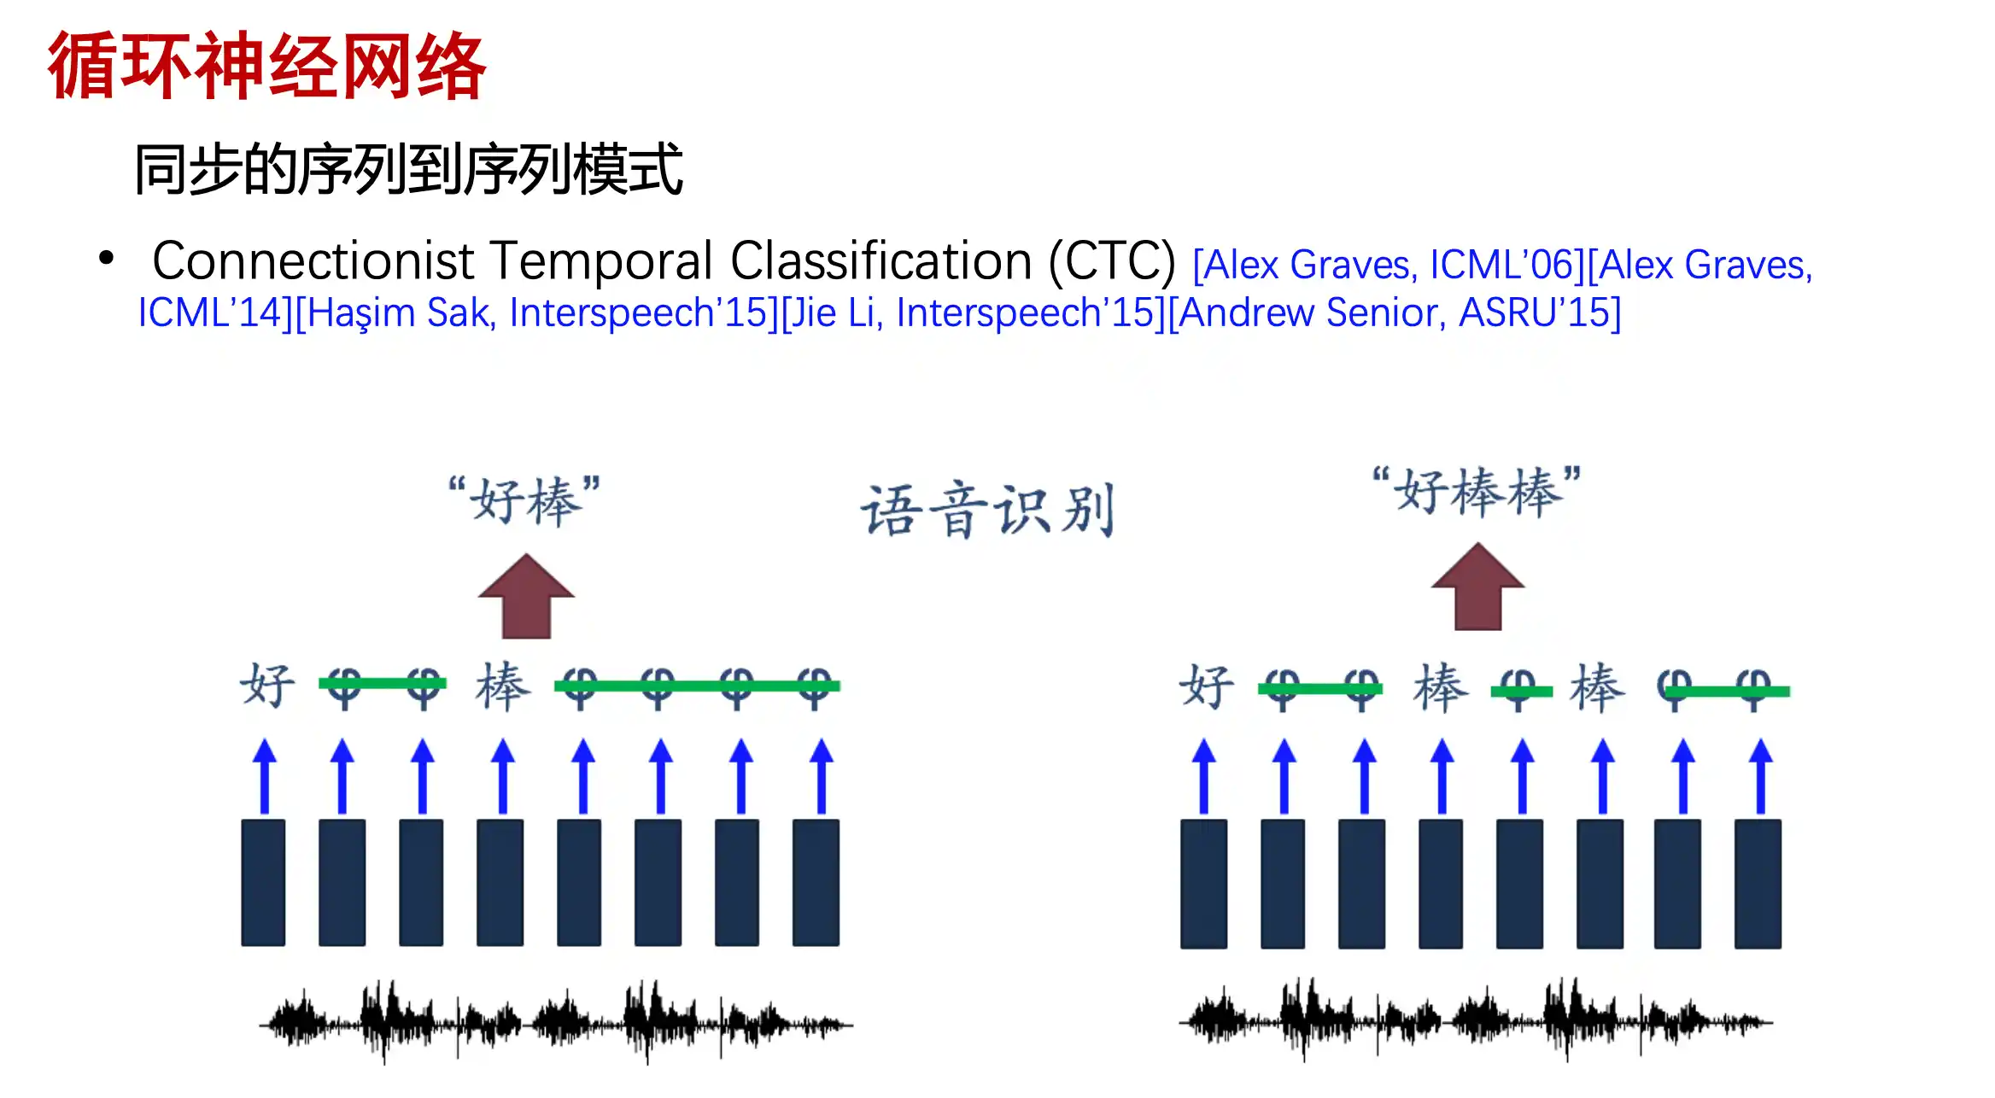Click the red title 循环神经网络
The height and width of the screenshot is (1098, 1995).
(x=266, y=66)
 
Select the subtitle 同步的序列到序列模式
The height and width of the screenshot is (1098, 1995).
(x=408, y=169)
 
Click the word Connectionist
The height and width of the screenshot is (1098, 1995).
(x=313, y=260)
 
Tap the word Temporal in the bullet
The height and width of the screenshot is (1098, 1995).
(x=601, y=260)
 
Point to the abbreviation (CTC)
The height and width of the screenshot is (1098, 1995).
(x=1112, y=261)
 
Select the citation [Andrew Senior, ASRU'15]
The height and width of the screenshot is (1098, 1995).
(x=1394, y=313)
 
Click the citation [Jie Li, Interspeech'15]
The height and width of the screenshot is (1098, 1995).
(x=974, y=313)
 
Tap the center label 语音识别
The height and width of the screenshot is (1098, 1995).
(x=987, y=510)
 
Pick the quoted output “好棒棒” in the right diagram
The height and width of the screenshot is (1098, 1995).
(x=1477, y=491)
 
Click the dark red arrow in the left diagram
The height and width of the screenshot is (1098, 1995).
(x=526, y=596)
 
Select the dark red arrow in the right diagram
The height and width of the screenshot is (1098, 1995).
(x=1477, y=587)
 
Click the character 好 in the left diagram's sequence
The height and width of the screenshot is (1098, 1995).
(x=267, y=685)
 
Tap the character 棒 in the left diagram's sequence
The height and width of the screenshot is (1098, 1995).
(x=503, y=685)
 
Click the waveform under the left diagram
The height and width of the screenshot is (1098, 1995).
(x=556, y=1021)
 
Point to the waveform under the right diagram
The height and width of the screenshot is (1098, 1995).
(x=1476, y=1019)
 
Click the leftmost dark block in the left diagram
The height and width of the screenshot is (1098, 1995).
(x=263, y=883)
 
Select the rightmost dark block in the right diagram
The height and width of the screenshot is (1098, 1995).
(x=1758, y=884)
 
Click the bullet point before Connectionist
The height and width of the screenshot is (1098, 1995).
(x=106, y=257)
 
